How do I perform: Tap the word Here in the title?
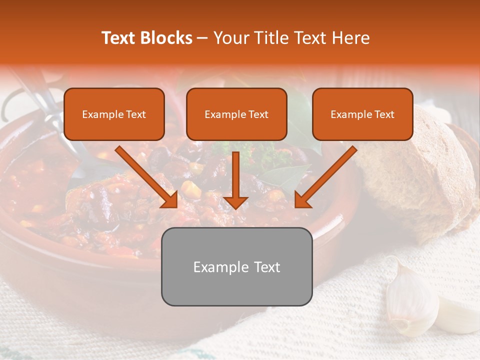point(350,38)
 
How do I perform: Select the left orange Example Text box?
point(114,114)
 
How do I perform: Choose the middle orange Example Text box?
point(236,114)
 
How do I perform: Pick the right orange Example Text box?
point(362,114)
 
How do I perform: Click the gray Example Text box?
point(236,266)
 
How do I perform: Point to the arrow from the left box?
point(146,177)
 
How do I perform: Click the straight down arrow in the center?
point(235,179)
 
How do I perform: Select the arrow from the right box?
point(325,177)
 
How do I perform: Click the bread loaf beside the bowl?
point(420,170)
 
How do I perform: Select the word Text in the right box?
point(384,114)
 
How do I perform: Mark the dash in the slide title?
point(202,38)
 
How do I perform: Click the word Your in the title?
point(229,38)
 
